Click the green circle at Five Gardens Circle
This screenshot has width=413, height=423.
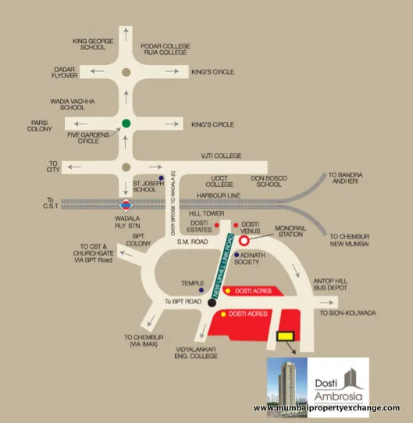[125, 123]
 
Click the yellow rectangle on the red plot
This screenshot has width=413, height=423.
[286, 335]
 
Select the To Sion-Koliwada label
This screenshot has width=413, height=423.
[348, 313]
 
